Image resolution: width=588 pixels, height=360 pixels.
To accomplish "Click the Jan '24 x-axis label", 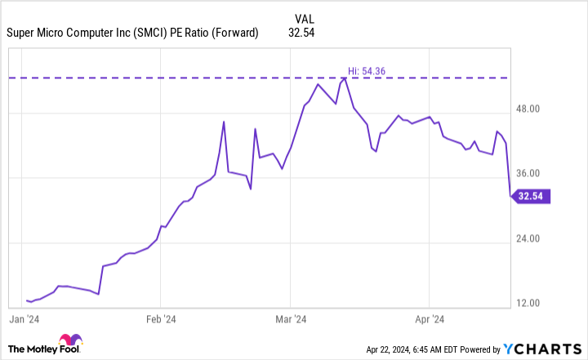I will (27, 318).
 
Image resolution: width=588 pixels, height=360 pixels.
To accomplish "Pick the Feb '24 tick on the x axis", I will (161, 318).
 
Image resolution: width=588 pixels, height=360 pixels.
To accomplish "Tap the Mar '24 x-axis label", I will (291, 318).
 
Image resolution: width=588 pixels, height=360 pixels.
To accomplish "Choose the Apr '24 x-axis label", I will (430, 318).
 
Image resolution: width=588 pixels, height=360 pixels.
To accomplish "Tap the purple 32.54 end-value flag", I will (532, 196).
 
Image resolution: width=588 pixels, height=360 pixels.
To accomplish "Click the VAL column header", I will (301, 18).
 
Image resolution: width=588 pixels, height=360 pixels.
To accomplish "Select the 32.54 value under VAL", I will (301, 33).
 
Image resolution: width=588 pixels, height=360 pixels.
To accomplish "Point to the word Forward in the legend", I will (236, 33).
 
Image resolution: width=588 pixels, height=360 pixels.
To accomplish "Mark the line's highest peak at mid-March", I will (345, 78).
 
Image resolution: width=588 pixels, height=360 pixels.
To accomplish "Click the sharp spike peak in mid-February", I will (224, 122).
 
